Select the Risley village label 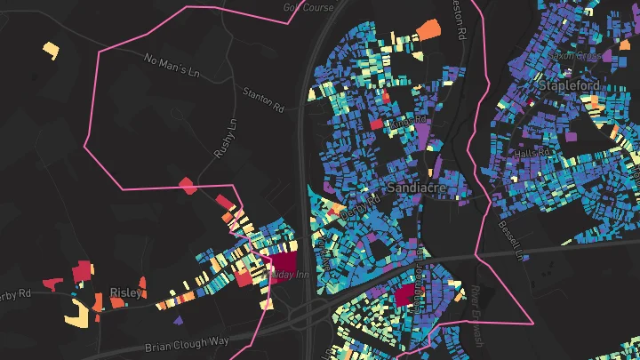125,292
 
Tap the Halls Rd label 533,154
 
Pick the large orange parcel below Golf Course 428,28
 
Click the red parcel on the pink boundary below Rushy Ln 188,185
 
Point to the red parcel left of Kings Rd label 375,124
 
